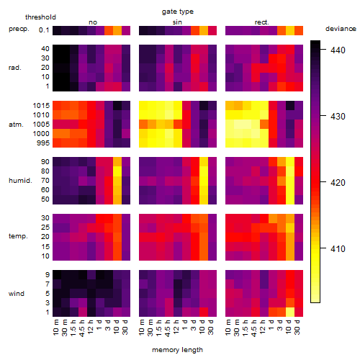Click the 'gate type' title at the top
(x=178, y=12)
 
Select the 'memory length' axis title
(x=177, y=350)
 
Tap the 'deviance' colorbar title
(x=341, y=29)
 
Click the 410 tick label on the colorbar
(x=338, y=248)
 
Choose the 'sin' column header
(x=177, y=22)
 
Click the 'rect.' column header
(x=261, y=22)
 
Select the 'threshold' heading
(x=40, y=17)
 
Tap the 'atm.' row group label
(x=16, y=125)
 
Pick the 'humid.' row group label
(x=20, y=180)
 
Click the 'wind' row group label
(x=17, y=293)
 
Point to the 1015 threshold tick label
(x=41, y=105)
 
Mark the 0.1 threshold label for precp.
(x=44, y=30)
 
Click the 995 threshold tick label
(x=43, y=143)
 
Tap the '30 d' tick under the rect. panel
(x=297, y=327)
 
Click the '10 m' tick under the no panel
(x=55, y=328)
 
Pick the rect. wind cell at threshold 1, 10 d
(x=290, y=312)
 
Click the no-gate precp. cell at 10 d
(x=117, y=30)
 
